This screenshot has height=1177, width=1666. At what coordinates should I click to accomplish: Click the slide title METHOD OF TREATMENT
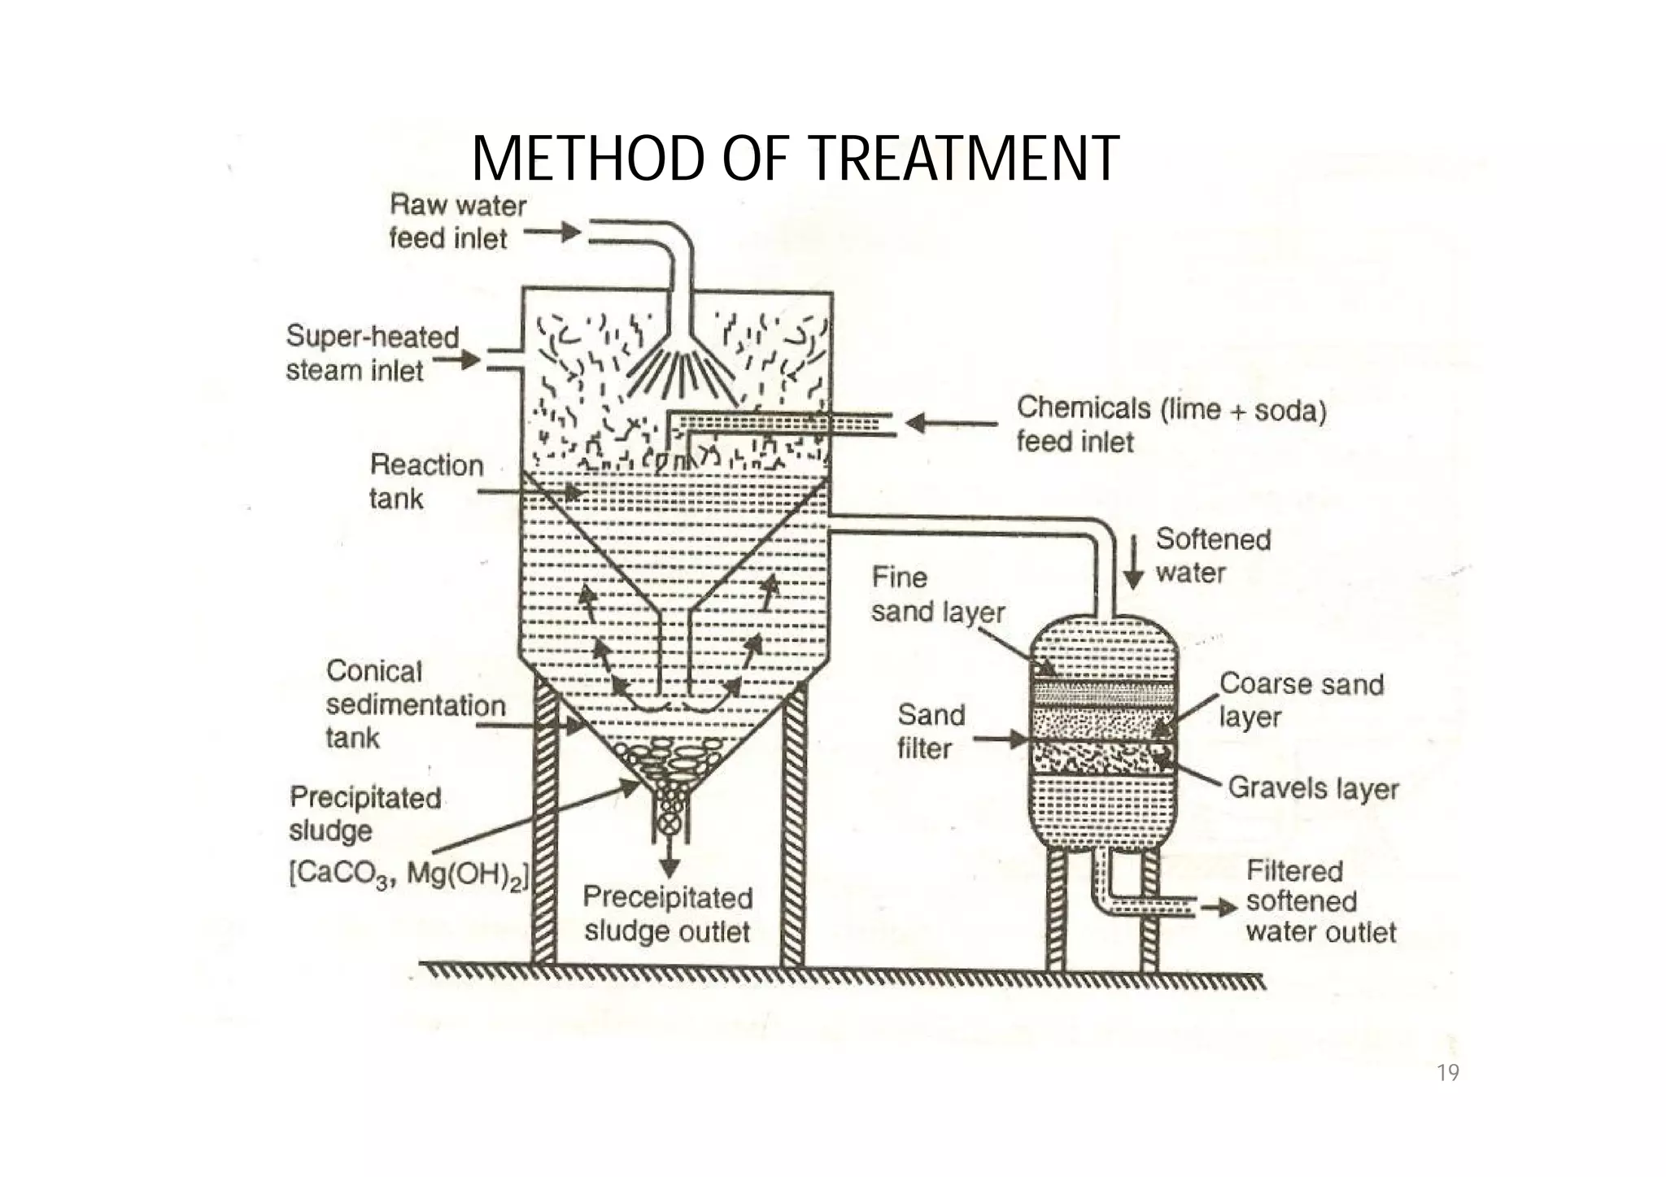[x=795, y=159]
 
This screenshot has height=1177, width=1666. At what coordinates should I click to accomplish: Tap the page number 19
[x=1448, y=1074]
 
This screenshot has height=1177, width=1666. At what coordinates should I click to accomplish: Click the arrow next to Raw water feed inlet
[x=552, y=233]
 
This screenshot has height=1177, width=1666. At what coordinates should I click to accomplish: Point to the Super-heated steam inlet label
[x=373, y=353]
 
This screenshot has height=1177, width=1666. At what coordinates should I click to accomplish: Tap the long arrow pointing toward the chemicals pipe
[x=951, y=423]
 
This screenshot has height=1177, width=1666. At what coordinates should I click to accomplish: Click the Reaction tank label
[x=425, y=482]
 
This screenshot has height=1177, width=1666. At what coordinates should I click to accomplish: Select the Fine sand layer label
[x=937, y=595]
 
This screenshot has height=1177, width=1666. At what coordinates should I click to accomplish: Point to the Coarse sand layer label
[x=1300, y=700]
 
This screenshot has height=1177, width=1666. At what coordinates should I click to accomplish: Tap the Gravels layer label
[x=1312, y=787]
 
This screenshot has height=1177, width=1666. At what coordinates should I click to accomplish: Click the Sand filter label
[x=930, y=731]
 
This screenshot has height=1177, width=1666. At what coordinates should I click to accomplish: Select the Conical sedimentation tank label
[x=415, y=704]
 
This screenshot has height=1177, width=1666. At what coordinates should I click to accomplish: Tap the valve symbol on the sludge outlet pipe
[x=669, y=823]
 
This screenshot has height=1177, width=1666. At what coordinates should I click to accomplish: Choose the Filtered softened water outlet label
[x=1319, y=901]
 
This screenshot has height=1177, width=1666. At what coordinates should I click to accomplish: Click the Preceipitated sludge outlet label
[x=667, y=914]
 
